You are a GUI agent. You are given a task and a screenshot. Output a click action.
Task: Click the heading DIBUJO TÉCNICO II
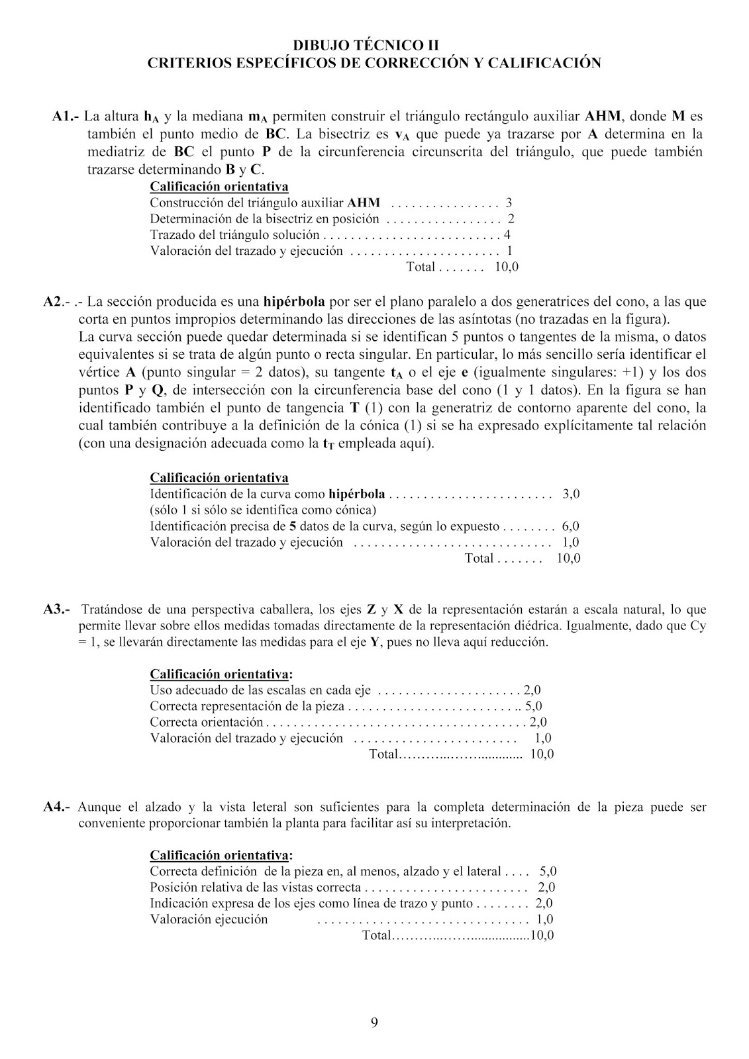374,46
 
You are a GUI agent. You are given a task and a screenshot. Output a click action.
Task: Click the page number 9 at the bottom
375,1023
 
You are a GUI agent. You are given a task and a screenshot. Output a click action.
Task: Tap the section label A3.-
56,610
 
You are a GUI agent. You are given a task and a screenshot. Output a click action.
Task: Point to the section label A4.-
56,807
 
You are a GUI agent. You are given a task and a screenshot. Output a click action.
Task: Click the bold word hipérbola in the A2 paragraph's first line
294,302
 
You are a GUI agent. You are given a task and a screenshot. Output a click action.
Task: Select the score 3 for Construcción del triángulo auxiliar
509,203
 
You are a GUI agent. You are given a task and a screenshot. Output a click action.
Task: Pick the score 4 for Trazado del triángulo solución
507,235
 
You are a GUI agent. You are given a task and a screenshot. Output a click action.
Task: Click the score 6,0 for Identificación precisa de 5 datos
570,527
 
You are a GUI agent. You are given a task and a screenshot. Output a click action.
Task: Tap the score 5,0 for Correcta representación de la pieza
534,707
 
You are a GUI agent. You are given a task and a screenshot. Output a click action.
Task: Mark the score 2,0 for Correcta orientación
538,723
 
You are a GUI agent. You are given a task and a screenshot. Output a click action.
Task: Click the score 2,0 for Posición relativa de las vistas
546,888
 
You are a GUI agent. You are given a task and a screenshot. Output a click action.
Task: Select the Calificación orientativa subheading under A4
221,855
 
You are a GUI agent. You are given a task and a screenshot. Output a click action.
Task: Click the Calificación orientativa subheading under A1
219,187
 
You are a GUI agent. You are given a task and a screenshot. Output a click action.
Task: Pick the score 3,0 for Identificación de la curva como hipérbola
571,494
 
